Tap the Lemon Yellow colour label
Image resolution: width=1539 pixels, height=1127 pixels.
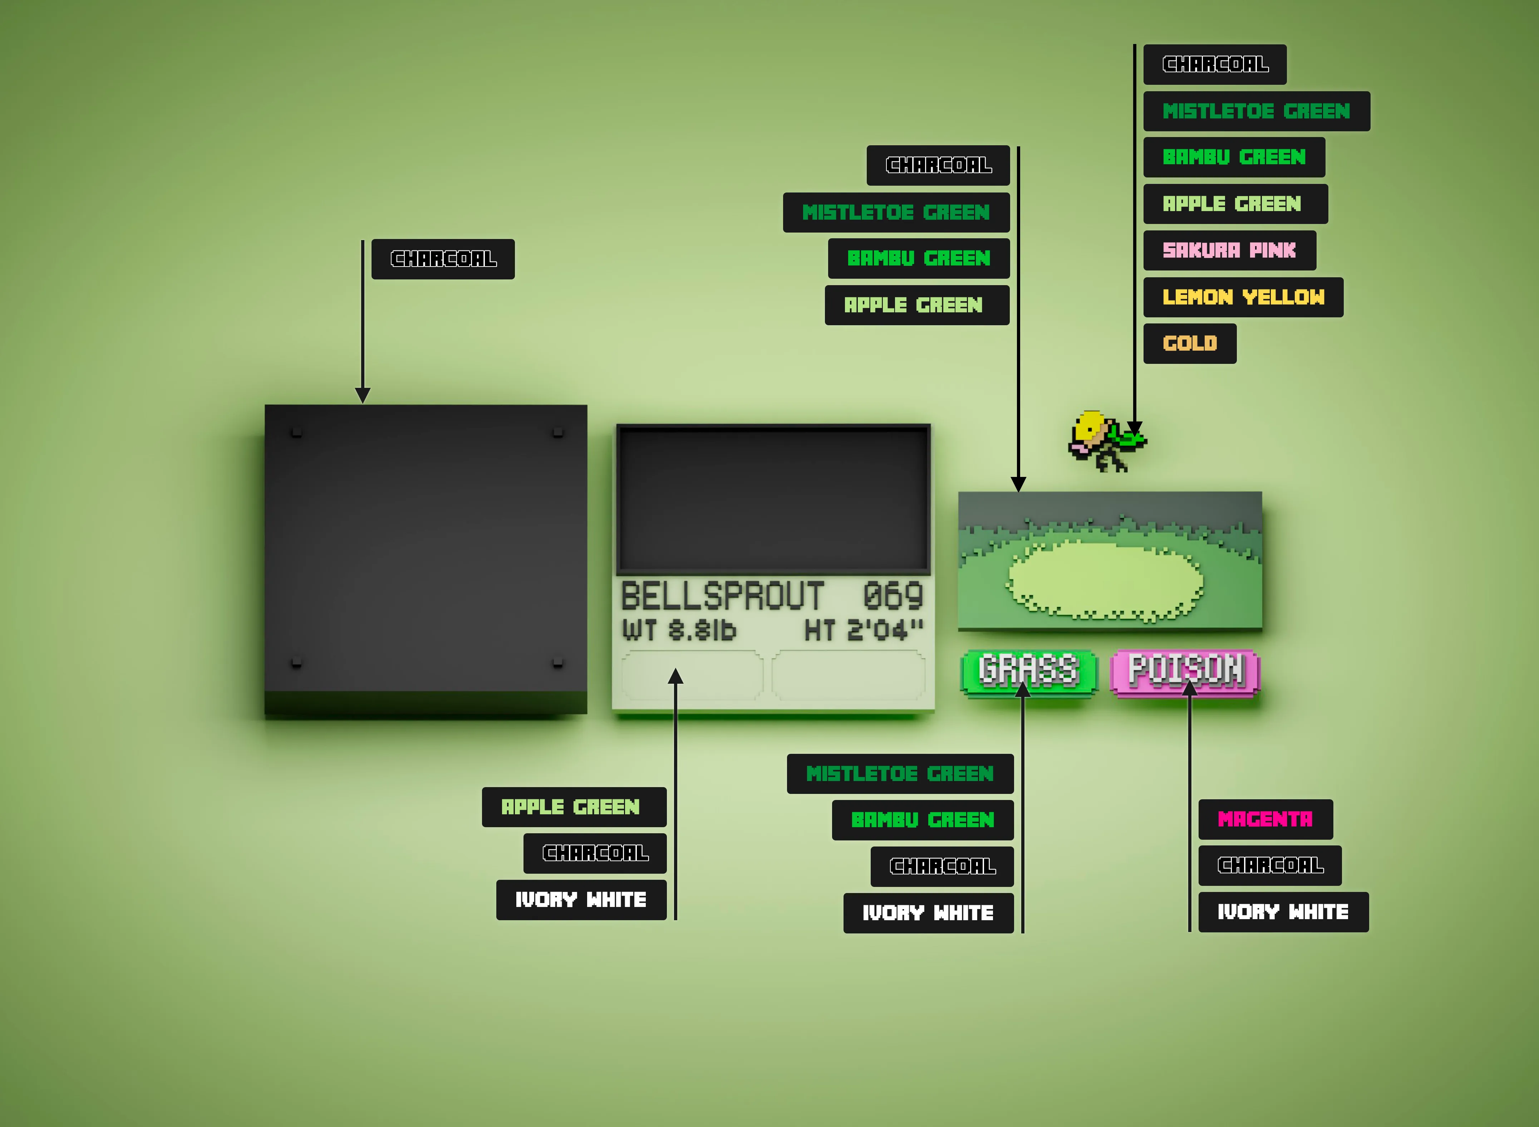[1243, 297]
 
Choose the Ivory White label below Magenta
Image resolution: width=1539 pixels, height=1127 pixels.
[1283, 912]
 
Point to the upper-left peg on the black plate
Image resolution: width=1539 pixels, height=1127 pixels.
[297, 433]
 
